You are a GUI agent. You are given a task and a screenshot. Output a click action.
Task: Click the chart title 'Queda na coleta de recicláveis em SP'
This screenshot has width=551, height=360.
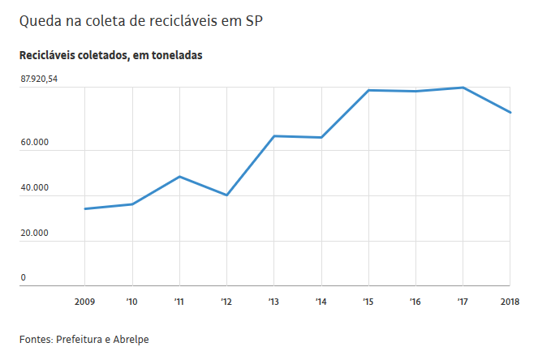(x=146, y=21)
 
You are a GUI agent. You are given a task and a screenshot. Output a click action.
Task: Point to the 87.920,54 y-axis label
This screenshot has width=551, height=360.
(x=39, y=79)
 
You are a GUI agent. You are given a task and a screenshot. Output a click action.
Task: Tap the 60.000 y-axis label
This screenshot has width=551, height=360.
(x=35, y=143)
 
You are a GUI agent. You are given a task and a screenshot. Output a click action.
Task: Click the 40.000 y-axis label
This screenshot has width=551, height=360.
(x=35, y=188)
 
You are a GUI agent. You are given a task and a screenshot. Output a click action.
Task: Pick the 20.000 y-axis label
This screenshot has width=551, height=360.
(x=35, y=234)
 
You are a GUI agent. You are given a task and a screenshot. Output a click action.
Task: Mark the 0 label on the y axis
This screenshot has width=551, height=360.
(x=24, y=278)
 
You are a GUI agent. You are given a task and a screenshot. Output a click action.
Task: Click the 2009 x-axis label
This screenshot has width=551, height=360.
(x=84, y=302)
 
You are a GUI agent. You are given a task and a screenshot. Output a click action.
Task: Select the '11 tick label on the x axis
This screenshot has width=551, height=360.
(x=179, y=302)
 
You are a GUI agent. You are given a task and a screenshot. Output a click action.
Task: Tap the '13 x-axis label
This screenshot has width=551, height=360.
(x=273, y=302)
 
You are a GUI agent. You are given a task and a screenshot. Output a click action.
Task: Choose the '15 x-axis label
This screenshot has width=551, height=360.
(x=368, y=302)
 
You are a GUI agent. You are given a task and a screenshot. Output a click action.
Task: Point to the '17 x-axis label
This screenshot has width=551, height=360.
(x=462, y=302)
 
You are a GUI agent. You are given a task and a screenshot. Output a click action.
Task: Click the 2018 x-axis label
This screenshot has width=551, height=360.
(x=510, y=302)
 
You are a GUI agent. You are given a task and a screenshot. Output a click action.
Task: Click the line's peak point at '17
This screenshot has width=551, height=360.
(x=463, y=88)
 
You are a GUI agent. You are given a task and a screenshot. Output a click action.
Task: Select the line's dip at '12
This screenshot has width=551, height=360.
(x=226, y=195)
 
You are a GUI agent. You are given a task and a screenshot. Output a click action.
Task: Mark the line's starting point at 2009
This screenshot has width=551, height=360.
(x=84, y=209)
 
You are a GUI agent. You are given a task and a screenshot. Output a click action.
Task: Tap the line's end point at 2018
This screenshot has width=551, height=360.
(x=510, y=113)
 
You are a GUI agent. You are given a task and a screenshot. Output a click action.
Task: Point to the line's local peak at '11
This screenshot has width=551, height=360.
(x=179, y=176)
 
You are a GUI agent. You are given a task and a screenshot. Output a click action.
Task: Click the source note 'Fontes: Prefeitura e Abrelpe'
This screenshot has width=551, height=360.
(x=84, y=339)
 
